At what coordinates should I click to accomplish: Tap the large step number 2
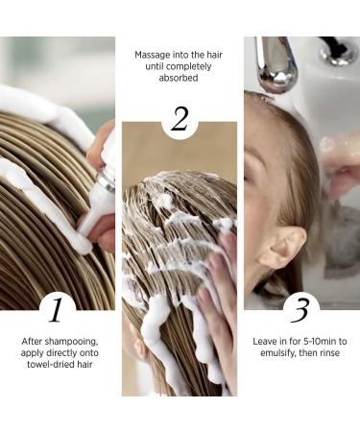click(x=180, y=119)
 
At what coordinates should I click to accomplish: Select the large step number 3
click(x=300, y=310)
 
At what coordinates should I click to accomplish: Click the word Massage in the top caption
click(x=153, y=55)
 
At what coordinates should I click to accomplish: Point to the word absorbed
click(x=179, y=78)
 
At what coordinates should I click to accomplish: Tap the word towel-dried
click(x=47, y=365)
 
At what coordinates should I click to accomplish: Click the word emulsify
click(x=278, y=353)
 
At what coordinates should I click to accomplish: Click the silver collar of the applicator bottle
click(x=106, y=180)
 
